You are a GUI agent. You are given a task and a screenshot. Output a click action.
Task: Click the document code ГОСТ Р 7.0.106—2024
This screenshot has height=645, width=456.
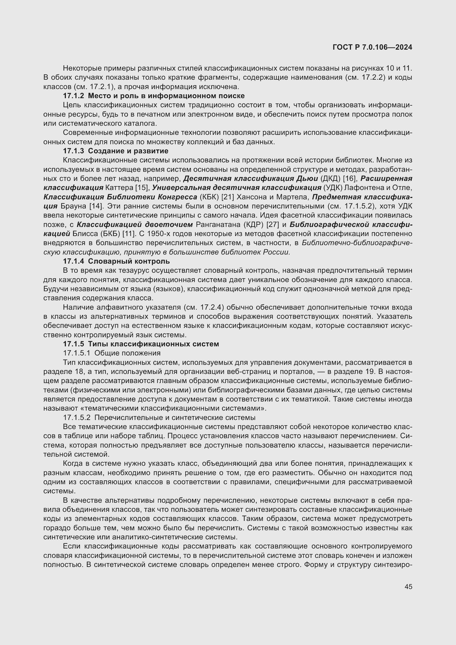pyautogui.click(x=372, y=47)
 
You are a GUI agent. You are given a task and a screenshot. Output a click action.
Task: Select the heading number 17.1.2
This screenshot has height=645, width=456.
pyautogui.click(x=73, y=96)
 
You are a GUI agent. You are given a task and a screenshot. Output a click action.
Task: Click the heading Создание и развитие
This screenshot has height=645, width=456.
pyautogui.click(x=128, y=151)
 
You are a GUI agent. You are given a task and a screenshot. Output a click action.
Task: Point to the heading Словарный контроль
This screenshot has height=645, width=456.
pyautogui.click(x=129, y=261)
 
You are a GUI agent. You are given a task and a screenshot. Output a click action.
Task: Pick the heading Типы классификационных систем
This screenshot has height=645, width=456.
pyautogui.click(x=153, y=344)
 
